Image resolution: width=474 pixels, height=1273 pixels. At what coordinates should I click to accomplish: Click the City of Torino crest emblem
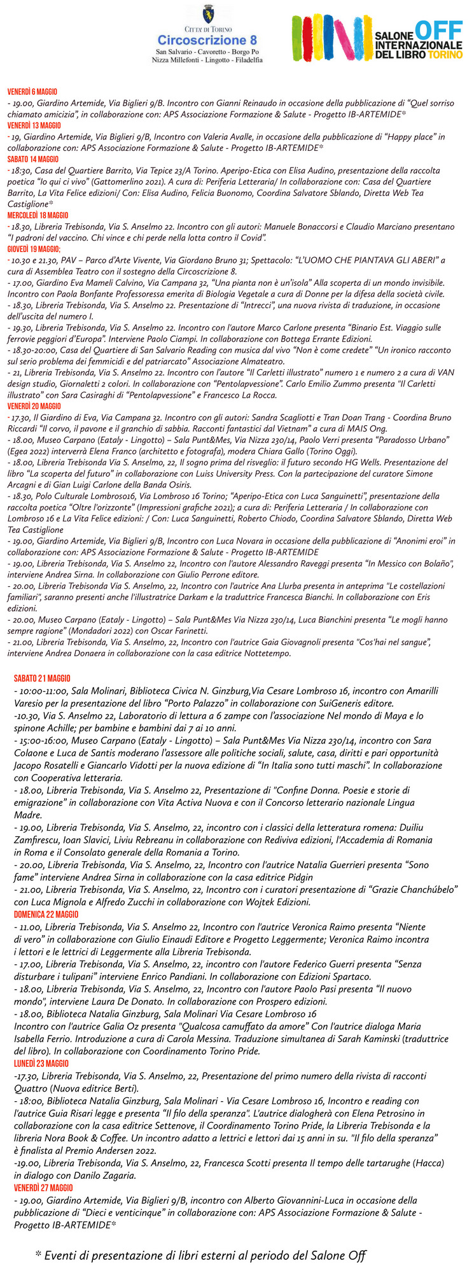point(208,14)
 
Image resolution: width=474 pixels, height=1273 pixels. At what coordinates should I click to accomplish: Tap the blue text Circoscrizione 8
point(207,39)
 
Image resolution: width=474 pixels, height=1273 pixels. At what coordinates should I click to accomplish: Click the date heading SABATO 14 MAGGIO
point(32,159)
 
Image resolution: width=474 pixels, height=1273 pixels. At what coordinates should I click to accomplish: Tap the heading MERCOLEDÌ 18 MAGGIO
point(38,216)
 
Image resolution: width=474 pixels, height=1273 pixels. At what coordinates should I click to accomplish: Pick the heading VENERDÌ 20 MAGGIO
point(34,406)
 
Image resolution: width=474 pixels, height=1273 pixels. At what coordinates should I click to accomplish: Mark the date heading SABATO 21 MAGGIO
point(42,679)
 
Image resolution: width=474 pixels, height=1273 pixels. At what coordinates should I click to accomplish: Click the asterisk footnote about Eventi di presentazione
point(200,1256)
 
